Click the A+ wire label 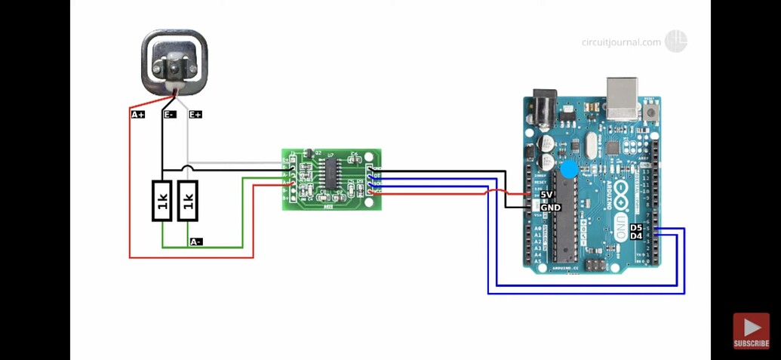pyautogui.click(x=138, y=115)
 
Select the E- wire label pyautogui.click(x=170, y=115)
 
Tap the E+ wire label pyautogui.click(x=195, y=115)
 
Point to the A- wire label pyautogui.click(x=195, y=242)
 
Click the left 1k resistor pyautogui.click(x=162, y=201)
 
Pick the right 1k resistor pyautogui.click(x=188, y=201)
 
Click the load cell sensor pyautogui.click(x=174, y=63)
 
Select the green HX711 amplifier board pyautogui.click(x=331, y=180)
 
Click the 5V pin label pyautogui.click(x=547, y=195)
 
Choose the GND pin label pyautogui.click(x=550, y=208)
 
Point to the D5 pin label pyautogui.click(x=636, y=227)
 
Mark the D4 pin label pyautogui.click(x=636, y=236)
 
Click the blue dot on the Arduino pyautogui.click(x=570, y=170)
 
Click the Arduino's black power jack pyautogui.click(x=545, y=109)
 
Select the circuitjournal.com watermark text pyautogui.click(x=621, y=42)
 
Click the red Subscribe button pyautogui.click(x=751, y=331)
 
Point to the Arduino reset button pyautogui.click(x=650, y=112)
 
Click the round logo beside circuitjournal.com pyautogui.click(x=675, y=42)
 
